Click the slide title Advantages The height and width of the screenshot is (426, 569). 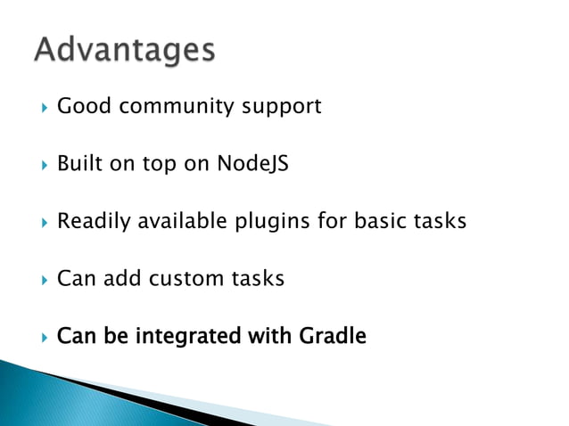125,50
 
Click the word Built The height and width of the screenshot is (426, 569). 79,164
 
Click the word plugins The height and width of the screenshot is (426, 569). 272,222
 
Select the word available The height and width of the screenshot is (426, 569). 182,221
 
